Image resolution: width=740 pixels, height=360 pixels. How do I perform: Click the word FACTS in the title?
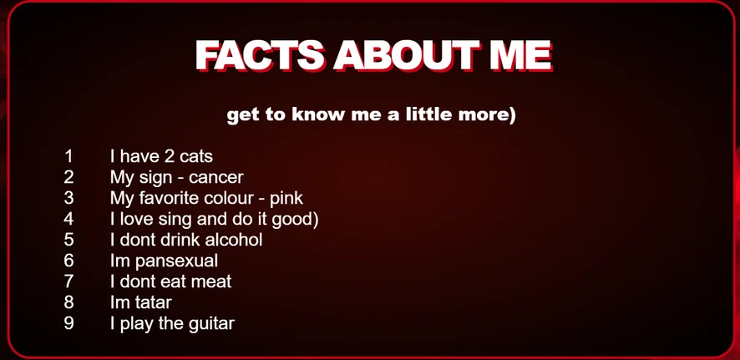click(x=260, y=55)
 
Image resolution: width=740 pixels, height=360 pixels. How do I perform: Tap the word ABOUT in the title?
click(x=407, y=55)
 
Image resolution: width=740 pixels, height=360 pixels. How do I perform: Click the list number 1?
click(x=68, y=156)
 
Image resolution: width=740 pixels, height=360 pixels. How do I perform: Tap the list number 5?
click(x=68, y=240)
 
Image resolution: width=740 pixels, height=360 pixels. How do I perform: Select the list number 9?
click(x=68, y=323)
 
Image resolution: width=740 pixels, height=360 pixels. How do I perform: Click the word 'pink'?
click(x=286, y=199)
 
